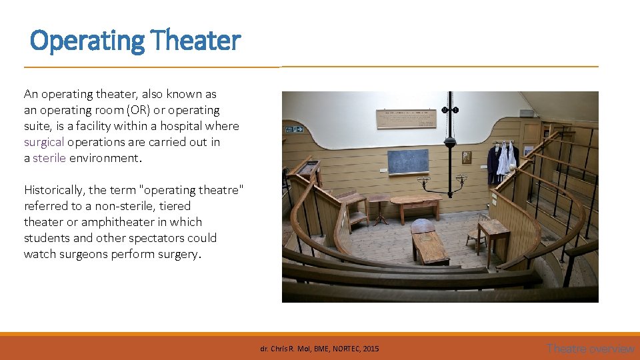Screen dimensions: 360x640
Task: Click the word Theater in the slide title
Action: point(195,41)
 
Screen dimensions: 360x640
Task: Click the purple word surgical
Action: point(44,142)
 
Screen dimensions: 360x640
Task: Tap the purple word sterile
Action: point(49,158)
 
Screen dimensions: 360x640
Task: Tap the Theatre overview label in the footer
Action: point(590,348)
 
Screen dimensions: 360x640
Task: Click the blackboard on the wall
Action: point(409,162)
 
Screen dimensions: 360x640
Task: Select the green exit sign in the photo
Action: point(294,129)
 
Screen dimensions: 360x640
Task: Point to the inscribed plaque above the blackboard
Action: point(406,118)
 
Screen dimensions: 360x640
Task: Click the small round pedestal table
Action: point(379,206)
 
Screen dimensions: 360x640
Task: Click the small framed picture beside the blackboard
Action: point(466,157)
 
